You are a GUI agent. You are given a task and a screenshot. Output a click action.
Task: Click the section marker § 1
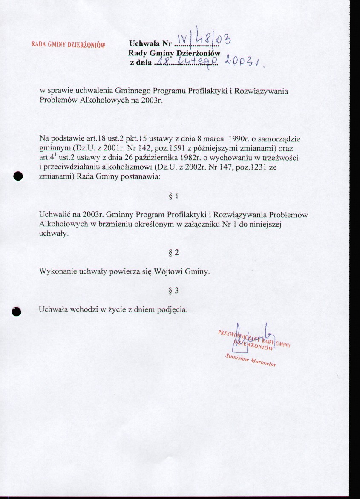click(x=173, y=196)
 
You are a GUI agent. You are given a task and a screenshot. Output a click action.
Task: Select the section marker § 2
click(x=173, y=252)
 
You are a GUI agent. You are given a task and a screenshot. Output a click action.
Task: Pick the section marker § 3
click(x=173, y=291)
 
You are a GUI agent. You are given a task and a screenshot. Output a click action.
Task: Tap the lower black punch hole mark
click(x=17, y=311)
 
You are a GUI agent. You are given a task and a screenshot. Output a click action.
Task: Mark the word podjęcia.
click(x=173, y=310)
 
